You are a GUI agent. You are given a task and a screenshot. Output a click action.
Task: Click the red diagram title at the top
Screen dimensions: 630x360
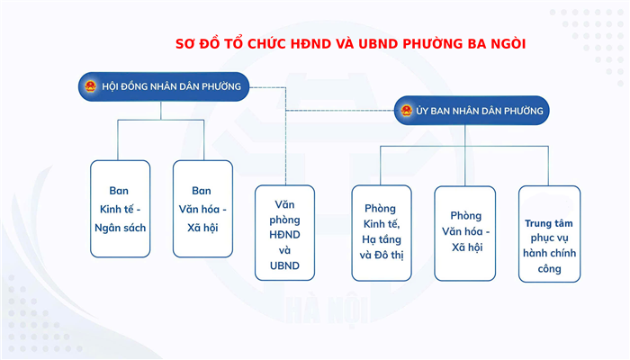pyautogui.click(x=350, y=43)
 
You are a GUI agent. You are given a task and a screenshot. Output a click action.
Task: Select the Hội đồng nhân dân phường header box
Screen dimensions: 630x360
pyautogui.click(x=164, y=86)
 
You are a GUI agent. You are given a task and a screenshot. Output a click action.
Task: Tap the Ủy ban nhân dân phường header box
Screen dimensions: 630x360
pyautogui.click(x=472, y=111)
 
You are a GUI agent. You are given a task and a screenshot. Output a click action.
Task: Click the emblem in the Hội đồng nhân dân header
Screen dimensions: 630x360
pyautogui.click(x=90, y=86)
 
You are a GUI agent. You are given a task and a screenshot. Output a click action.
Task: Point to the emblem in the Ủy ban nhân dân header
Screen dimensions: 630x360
pyautogui.click(x=406, y=111)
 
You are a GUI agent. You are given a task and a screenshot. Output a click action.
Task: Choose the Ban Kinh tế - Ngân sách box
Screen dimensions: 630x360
pyautogui.click(x=120, y=209)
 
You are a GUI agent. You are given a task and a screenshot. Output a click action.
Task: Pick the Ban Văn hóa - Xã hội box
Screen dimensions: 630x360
pyautogui.click(x=202, y=209)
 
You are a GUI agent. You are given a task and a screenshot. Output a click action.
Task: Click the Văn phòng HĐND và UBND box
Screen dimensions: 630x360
pyautogui.click(x=284, y=232)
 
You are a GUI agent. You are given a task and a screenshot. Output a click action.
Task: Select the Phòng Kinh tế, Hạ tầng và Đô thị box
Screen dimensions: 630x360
pyautogui.click(x=382, y=233)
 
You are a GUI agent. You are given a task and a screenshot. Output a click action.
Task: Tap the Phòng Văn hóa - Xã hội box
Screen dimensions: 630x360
pyautogui.click(x=465, y=233)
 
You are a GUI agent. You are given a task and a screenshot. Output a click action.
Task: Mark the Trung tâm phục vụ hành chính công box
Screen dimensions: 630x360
pyautogui.click(x=549, y=234)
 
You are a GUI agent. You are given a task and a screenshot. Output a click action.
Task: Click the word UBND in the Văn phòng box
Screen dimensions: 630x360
pyautogui.click(x=284, y=265)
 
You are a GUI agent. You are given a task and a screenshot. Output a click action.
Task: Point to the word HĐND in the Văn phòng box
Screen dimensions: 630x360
pyautogui.click(x=284, y=235)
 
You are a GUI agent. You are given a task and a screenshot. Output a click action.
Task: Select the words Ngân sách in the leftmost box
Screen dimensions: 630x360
pyautogui.click(x=120, y=228)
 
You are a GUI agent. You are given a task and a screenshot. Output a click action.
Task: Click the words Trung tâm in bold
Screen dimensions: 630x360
pyautogui.click(x=549, y=223)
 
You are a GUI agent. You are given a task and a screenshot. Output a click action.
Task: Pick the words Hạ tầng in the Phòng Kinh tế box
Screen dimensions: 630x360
pyautogui.click(x=382, y=240)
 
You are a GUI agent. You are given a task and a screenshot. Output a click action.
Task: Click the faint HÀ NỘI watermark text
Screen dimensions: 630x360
pyautogui.click(x=328, y=310)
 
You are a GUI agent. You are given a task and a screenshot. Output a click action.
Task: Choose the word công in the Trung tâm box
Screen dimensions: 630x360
pyautogui.click(x=549, y=269)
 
